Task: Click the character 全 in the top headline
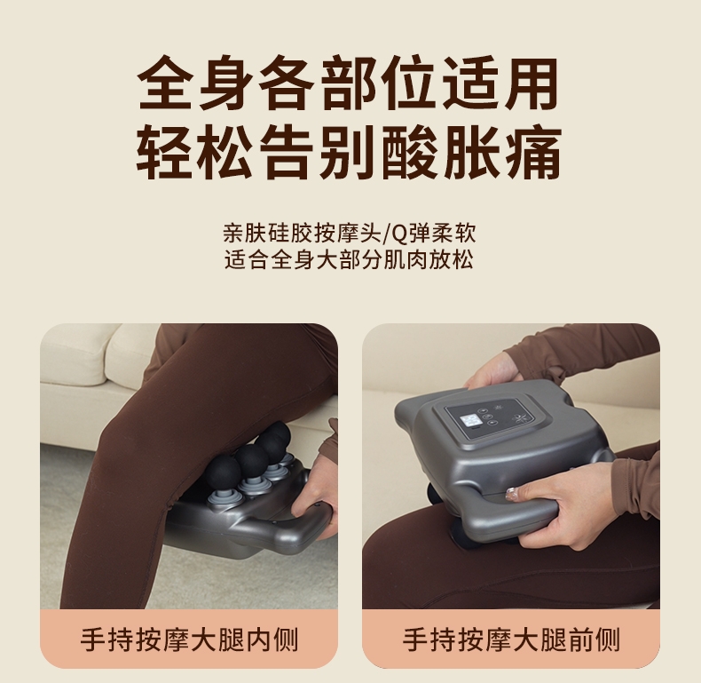[165, 83]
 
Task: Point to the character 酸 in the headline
[411, 153]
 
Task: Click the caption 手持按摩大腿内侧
[189, 639]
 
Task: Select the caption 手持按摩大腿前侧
[511, 639]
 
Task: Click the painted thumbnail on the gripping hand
[512, 493]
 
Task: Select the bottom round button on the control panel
[491, 423]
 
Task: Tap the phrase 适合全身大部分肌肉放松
[349, 260]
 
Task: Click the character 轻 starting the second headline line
[165, 153]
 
